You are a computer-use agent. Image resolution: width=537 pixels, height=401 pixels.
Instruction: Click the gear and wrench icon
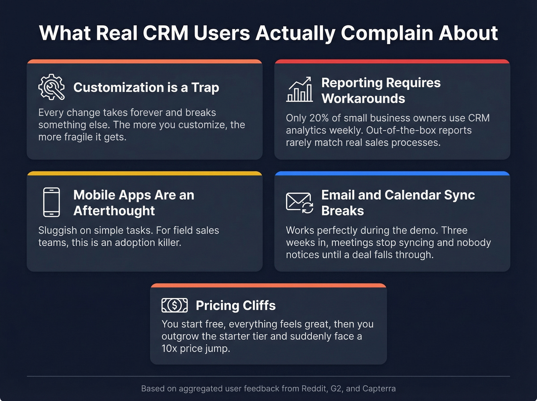point(51,87)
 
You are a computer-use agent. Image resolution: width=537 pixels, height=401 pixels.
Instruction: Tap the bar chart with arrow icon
point(300,89)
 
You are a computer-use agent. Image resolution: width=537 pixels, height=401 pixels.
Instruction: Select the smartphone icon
point(51,202)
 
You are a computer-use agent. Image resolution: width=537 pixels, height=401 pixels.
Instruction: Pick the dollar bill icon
point(175,305)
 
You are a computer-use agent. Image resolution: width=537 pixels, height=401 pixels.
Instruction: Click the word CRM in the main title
point(165,33)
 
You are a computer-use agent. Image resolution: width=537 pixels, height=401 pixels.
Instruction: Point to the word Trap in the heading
point(205,87)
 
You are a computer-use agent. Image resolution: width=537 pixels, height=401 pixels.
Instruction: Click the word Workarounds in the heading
point(363,99)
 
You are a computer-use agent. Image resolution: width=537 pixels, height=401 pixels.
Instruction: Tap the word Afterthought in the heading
point(114,211)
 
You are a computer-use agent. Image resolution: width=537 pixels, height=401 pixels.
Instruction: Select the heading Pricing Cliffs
point(236,305)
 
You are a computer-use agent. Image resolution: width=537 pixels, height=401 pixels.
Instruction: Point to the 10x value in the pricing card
point(169,348)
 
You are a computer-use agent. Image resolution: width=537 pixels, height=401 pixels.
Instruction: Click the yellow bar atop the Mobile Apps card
point(145,173)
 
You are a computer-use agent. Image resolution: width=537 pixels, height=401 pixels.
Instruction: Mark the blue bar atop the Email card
point(392,173)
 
